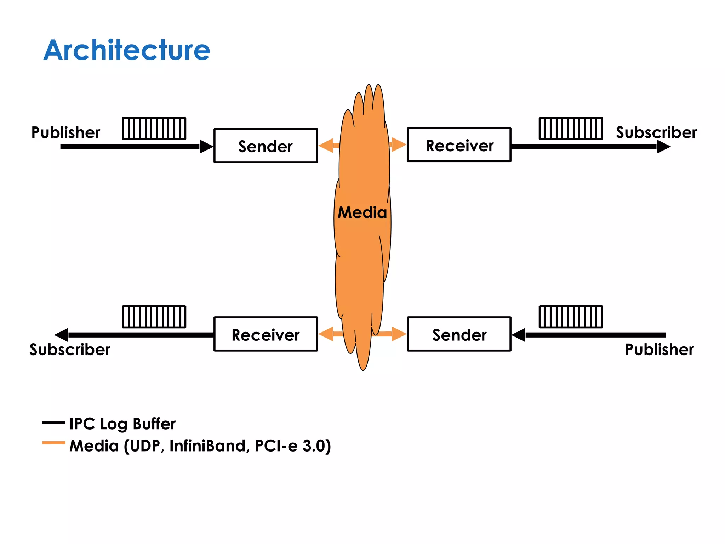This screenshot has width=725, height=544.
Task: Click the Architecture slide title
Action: click(x=127, y=50)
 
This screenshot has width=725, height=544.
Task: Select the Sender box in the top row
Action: click(x=266, y=146)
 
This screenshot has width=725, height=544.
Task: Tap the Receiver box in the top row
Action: click(x=459, y=145)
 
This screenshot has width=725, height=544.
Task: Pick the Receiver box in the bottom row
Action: click(x=266, y=334)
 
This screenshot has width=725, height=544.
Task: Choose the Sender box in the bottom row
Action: click(x=459, y=334)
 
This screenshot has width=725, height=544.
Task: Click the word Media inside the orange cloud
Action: click(x=362, y=212)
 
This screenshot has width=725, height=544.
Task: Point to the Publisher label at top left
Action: click(x=65, y=132)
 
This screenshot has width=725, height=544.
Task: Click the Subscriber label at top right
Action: click(x=656, y=132)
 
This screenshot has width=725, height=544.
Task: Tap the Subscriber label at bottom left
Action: click(x=70, y=350)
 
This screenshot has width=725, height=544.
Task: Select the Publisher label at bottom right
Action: click(x=659, y=350)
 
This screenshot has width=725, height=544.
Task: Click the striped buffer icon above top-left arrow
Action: click(x=154, y=128)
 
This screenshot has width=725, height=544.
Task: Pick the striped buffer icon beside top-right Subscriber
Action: click(x=571, y=128)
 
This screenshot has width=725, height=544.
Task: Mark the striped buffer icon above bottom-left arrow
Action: click(x=154, y=317)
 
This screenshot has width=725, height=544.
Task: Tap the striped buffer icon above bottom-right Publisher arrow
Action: click(x=571, y=317)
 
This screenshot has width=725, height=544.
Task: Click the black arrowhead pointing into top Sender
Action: click(x=206, y=146)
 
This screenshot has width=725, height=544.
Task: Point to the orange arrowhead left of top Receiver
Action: click(x=399, y=144)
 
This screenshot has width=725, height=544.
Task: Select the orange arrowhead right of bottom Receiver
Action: click(x=326, y=334)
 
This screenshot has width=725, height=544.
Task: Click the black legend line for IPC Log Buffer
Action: click(x=53, y=423)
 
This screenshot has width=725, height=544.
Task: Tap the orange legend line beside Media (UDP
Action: click(x=53, y=443)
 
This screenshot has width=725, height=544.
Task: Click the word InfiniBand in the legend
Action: click(x=207, y=446)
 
